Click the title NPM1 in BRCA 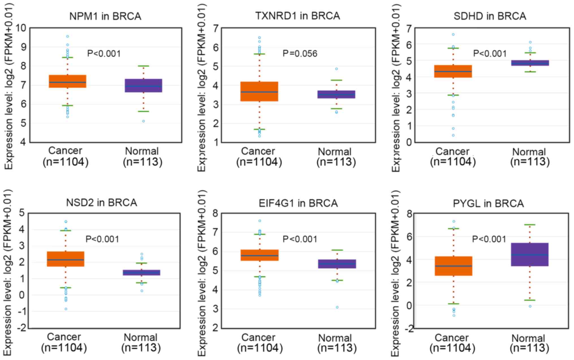tap(105, 16)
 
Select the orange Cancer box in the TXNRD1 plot tap(259, 91)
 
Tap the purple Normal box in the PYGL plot tap(530, 254)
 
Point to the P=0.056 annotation tap(300, 53)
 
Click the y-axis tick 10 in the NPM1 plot tap(20, 28)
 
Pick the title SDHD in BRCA tap(490, 16)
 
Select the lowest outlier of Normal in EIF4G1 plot tap(337, 307)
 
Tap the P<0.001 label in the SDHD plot tap(490, 53)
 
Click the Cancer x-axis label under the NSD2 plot tap(64, 337)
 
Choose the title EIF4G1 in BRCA tap(298, 203)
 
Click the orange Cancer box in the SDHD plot tap(453, 71)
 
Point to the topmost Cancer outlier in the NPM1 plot tap(68, 36)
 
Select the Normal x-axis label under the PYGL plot tap(528, 338)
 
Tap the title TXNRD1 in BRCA tap(298, 16)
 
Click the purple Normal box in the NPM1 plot tap(143, 85)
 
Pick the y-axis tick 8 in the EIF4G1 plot tap(215, 213)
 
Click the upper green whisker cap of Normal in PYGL tap(530, 225)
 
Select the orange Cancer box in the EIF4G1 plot tap(260, 255)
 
